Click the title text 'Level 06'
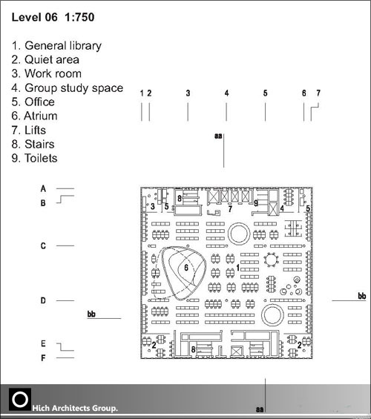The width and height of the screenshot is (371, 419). (x=34, y=17)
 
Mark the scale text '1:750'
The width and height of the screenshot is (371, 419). (x=79, y=17)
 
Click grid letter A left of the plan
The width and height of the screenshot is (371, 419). (x=43, y=188)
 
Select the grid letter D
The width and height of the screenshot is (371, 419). (x=43, y=300)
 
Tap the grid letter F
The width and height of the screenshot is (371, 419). (x=43, y=357)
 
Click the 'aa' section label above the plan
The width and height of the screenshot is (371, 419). (x=218, y=136)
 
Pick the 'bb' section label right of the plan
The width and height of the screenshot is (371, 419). (x=362, y=296)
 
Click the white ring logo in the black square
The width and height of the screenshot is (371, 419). (x=20, y=399)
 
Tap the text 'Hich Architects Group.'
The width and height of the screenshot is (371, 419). (x=75, y=408)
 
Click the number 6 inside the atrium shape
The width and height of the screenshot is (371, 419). (x=186, y=268)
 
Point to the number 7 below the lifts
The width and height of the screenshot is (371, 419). (x=230, y=208)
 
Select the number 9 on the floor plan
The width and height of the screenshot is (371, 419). (x=256, y=203)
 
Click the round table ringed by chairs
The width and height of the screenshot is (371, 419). (x=271, y=260)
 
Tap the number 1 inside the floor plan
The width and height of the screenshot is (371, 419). (x=238, y=268)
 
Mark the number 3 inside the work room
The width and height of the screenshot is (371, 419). (x=153, y=206)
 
